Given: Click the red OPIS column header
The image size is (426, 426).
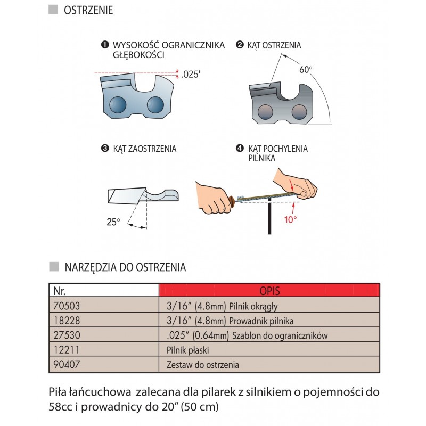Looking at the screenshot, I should (x=269, y=291).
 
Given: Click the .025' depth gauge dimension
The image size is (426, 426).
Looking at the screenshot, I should (x=190, y=75).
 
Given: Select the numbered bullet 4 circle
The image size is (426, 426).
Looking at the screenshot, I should (x=240, y=149).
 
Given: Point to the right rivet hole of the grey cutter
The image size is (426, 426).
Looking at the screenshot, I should (x=300, y=110).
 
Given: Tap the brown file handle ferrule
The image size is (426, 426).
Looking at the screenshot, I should (x=233, y=202).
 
